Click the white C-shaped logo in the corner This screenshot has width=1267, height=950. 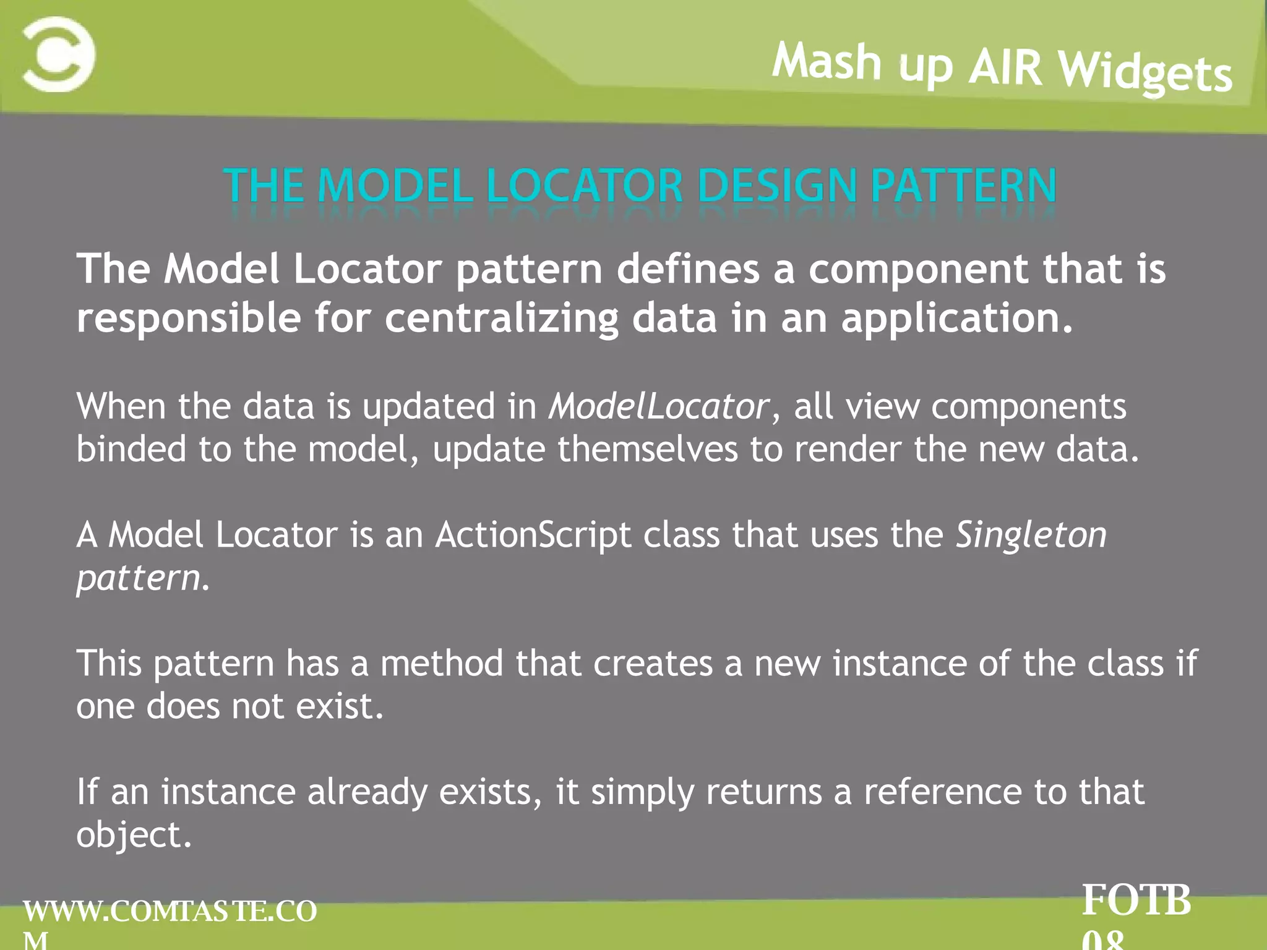click(x=59, y=54)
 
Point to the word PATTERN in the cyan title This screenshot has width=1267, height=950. click(x=964, y=186)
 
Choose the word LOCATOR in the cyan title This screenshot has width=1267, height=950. click(x=585, y=186)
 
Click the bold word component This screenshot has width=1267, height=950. click(x=918, y=270)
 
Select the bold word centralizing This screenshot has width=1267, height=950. click(x=502, y=319)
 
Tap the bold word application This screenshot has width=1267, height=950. click(x=956, y=319)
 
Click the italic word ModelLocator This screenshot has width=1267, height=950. click(x=659, y=407)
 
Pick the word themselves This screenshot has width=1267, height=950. click(x=648, y=449)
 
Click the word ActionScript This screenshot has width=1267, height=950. click(x=533, y=534)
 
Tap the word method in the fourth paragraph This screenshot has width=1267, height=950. click(x=442, y=663)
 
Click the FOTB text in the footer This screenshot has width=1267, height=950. click(x=1136, y=901)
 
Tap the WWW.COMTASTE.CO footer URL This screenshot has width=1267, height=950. click(x=170, y=912)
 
